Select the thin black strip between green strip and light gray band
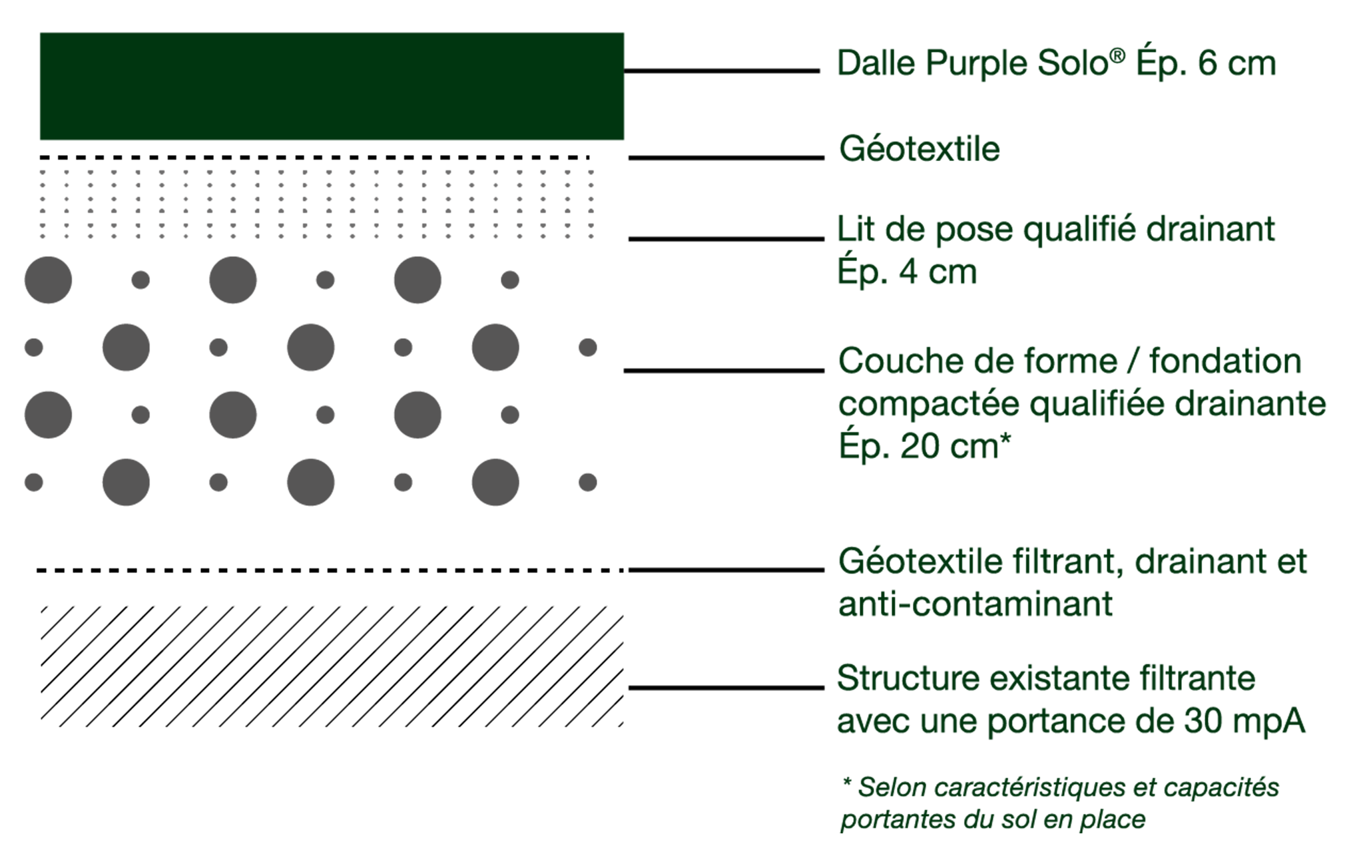pyautogui.click(x=313, y=157)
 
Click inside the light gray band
pyautogui.click(x=313, y=203)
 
